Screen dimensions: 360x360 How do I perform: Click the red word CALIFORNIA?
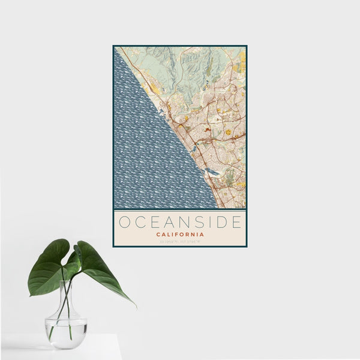[x=179, y=235]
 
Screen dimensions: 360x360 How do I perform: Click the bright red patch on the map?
[x=207, y=128]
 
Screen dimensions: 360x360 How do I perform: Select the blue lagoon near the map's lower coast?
[x=211, y=172]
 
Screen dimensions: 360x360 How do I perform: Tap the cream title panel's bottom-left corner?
[x=115, y=245]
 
